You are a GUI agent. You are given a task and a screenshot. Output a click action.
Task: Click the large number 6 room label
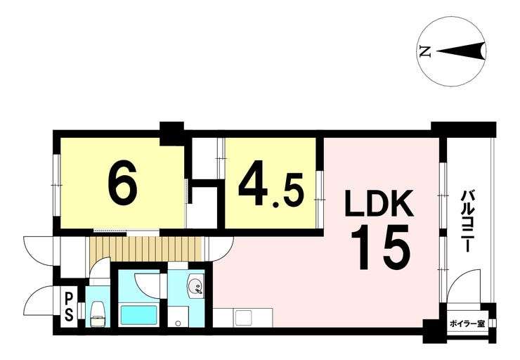pyautogui.click(x=122, y=186)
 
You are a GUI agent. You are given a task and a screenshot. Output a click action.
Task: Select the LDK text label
pyautogui.click(x=379, y=203)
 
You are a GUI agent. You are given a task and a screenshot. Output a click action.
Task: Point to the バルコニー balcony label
pyautogui.click(x=467, y=221)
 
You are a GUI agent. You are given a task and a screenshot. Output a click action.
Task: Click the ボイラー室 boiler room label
pyautogui.click(x=467, y=324)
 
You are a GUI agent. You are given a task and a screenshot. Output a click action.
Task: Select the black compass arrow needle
pyautogui.click(x=461, y=51)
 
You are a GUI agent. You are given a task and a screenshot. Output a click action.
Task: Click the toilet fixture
pyautogui.click(x=98, y=314)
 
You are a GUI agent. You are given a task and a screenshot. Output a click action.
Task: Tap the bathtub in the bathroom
pyautogui.click(x=138, y=315)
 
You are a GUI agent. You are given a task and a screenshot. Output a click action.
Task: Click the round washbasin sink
pyautogui.click(x=195, y=285)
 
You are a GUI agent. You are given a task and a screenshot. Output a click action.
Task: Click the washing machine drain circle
pyautogui.click(x=178, y=323)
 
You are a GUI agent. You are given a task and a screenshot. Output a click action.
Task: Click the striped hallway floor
pyautogui.click(x=146, y=249)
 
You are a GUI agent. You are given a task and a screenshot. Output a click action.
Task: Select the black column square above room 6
pyautogui.click(x=171, y=134)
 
